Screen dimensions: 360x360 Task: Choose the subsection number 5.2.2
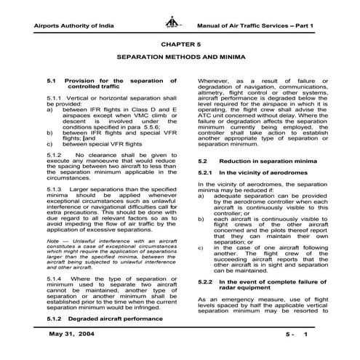pyautogui.click(x=207, y=280)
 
